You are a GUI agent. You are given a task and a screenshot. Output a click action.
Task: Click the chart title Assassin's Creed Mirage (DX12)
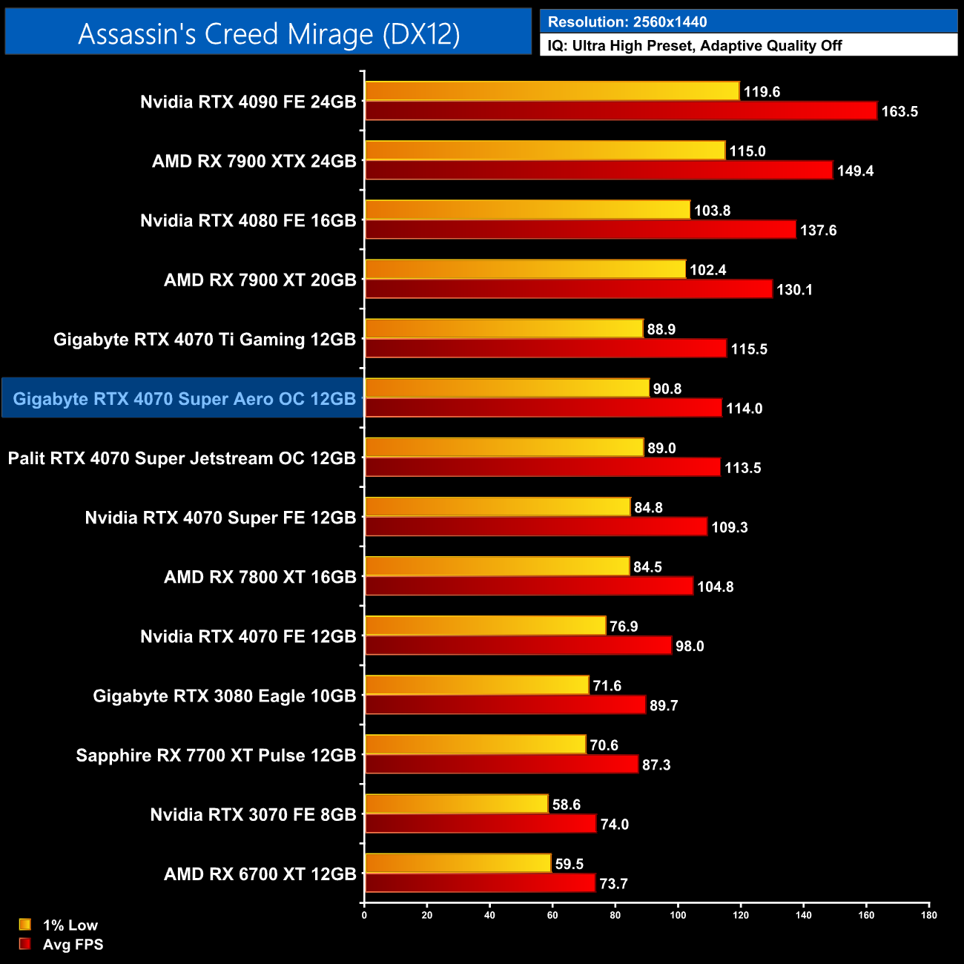[268, 34]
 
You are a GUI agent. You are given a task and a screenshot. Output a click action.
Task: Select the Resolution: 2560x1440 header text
[627, 22]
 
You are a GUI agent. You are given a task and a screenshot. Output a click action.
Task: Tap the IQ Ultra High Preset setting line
[695, 45]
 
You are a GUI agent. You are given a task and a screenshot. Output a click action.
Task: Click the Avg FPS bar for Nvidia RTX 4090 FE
[621, 111]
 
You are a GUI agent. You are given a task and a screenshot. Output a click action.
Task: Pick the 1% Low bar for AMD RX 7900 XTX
[545, 151]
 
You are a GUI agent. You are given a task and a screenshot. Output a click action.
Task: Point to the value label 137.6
[818, 231]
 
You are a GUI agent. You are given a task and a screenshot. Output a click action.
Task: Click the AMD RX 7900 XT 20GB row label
[260, 280]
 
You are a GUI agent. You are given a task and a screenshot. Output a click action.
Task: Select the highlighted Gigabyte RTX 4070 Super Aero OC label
[184, 399]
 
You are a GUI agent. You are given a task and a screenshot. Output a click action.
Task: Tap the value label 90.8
[667, 389]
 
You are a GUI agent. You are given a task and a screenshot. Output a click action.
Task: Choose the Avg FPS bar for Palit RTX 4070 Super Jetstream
[542, 467]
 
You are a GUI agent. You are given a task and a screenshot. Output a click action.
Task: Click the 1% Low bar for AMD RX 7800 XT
[498, 567]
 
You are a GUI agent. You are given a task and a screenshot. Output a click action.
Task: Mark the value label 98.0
[690, 646]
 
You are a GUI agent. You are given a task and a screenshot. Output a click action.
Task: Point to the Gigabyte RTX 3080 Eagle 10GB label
[225, 696]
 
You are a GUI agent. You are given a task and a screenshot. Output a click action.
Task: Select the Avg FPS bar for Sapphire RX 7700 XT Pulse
[501, 765]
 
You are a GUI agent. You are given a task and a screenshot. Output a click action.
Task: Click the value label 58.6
[567, 805]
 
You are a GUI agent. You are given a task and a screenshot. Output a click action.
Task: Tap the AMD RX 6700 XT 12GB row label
[260, 874]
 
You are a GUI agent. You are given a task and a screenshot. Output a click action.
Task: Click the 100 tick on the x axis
[678, 915]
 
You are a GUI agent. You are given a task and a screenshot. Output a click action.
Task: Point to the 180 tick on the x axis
[929, 915]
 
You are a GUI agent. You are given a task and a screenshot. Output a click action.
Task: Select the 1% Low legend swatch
[25, 925]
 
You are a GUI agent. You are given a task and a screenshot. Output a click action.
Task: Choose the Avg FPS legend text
[73, 945]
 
